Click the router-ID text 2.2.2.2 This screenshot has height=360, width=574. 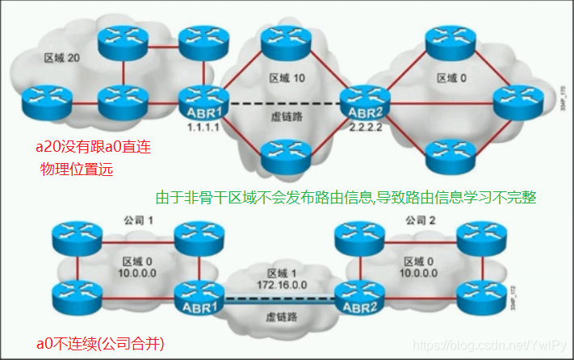(x=365, y=128)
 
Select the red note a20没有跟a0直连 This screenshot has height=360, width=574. (x=93, y=148)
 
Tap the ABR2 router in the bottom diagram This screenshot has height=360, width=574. (x=356, y=298)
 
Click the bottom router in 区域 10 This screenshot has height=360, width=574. (x=283, y=153)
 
